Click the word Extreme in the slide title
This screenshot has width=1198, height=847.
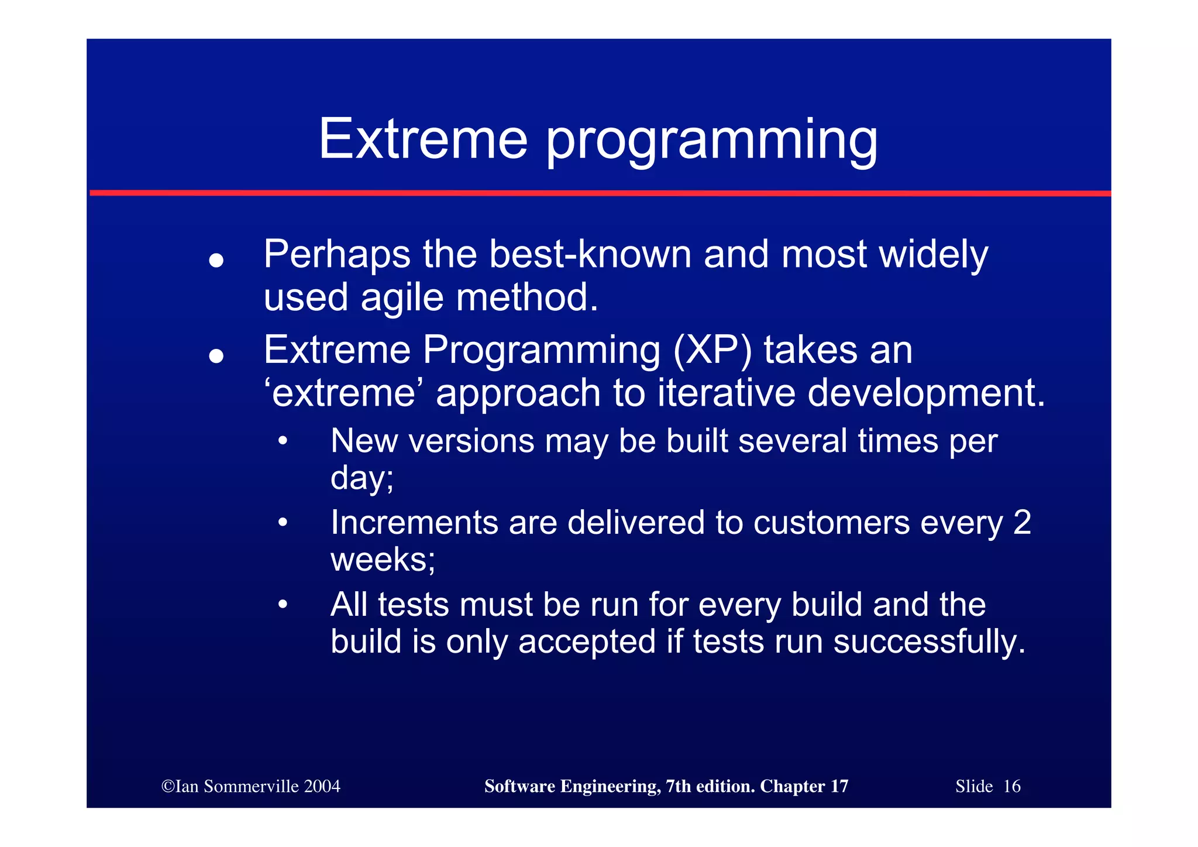[x=422, y=139]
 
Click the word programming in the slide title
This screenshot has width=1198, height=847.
[x=711, y=142]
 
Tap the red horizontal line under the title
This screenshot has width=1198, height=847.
[x=600, y=193]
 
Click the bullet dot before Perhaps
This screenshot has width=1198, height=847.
[x=216, y=260]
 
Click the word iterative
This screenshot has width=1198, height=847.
[x=726, y=393]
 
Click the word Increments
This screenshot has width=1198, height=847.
[x=414, y=522]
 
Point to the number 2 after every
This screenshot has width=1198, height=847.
[x=1021, y=522]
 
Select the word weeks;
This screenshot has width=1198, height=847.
[x=383, y=560]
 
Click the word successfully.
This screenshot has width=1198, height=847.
[x=929, y=643]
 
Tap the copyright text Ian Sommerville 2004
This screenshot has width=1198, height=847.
[x=251, y=786]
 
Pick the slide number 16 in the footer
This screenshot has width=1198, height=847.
[x=1011, y=786]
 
